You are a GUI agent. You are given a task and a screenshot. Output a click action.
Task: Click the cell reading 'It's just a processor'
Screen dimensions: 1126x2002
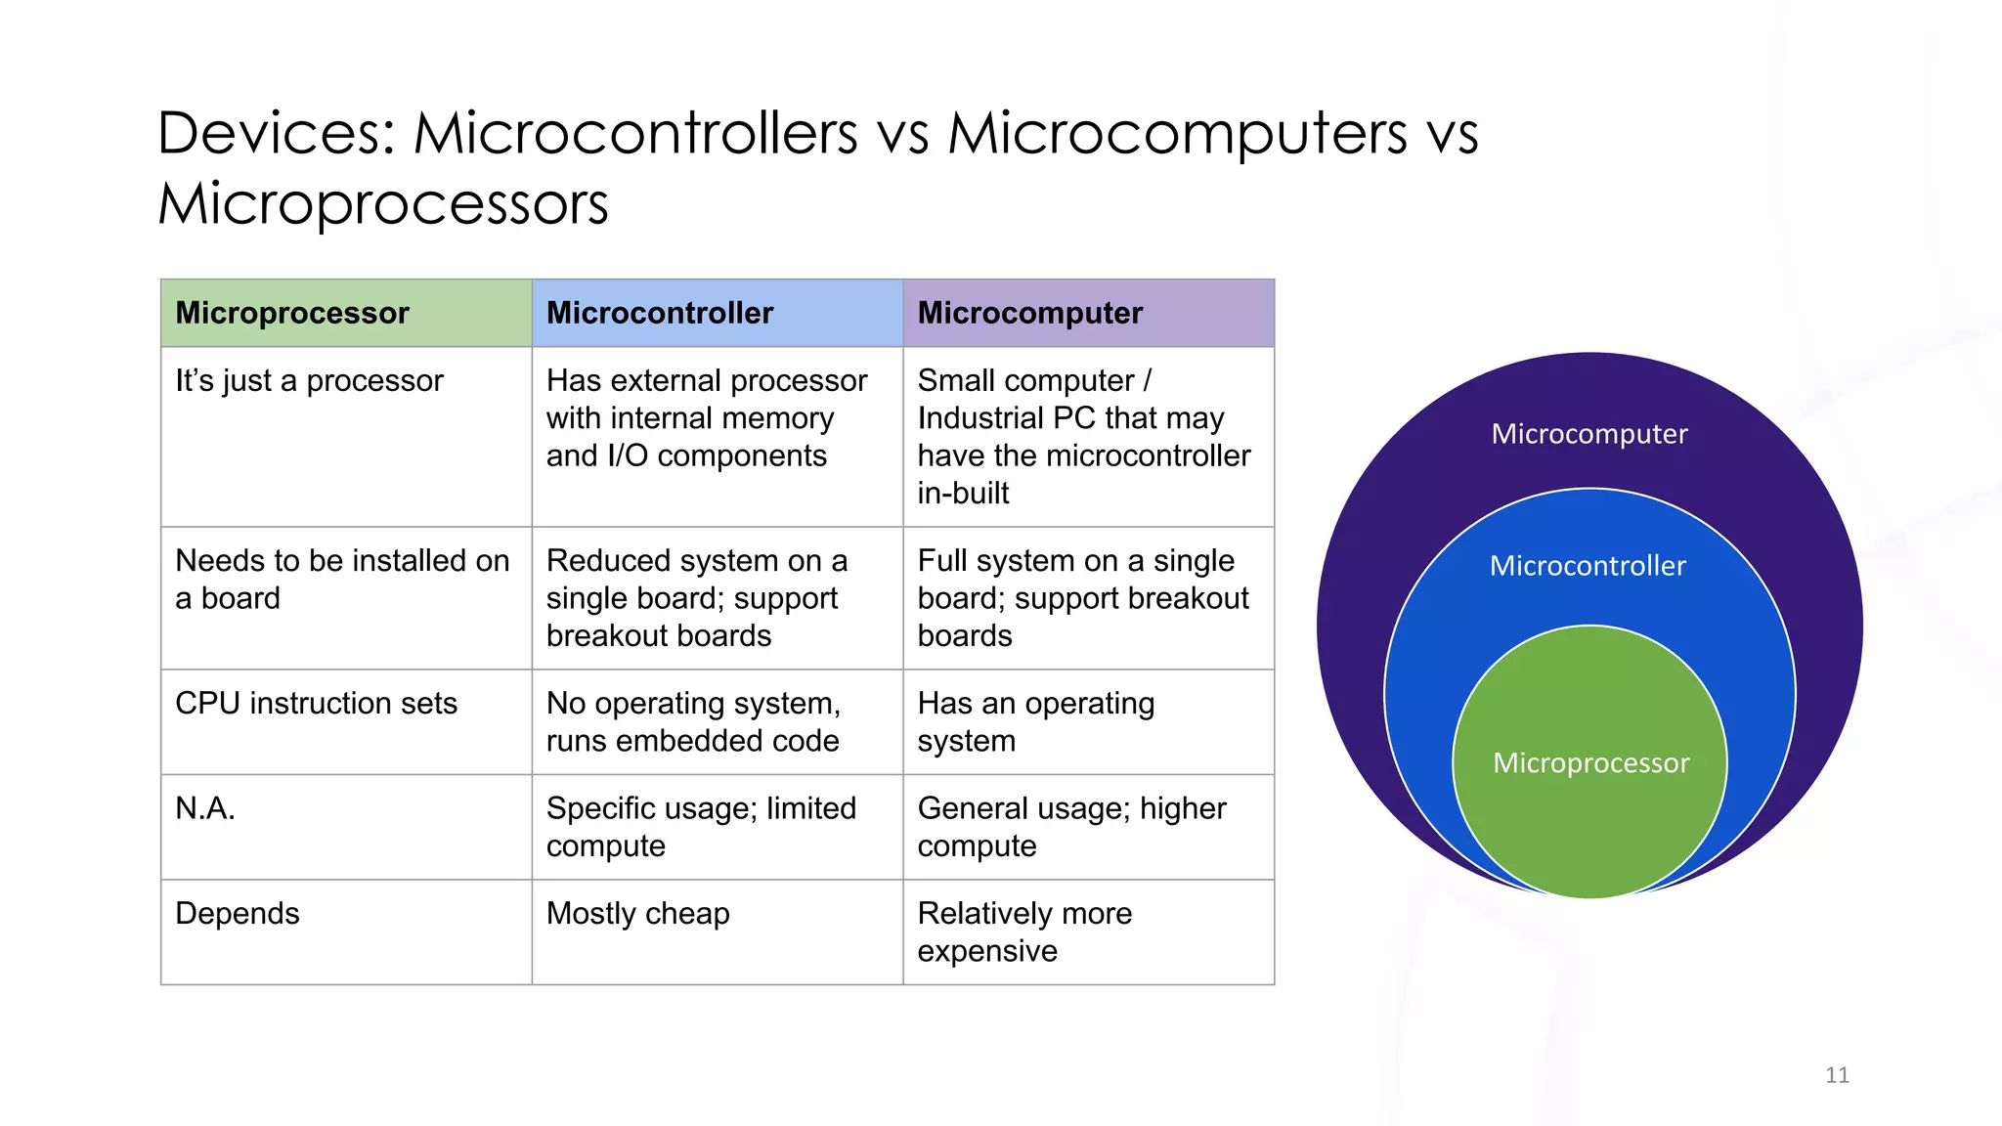pos(309,380)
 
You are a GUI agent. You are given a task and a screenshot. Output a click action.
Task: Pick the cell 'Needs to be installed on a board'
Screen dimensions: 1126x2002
pos(342,579)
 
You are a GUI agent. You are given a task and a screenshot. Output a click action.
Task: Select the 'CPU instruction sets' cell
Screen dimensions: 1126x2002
pos(316,703)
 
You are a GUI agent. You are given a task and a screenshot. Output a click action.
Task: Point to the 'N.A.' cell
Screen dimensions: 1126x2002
pos(205,808)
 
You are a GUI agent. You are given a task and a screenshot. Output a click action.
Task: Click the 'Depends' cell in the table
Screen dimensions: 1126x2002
pos(238,913)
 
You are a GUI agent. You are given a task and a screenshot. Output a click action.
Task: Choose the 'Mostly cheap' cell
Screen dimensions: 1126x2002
pos(637,913)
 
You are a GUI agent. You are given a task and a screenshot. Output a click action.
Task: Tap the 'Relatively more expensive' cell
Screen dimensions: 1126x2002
pos(1024,931)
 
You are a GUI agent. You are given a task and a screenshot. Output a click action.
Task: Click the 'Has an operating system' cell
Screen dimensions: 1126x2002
pos(1035,721)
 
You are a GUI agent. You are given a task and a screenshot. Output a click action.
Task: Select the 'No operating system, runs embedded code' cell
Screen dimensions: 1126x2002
pos(693,721)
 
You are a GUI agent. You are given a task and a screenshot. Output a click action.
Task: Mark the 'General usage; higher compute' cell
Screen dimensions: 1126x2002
pos(1071,827)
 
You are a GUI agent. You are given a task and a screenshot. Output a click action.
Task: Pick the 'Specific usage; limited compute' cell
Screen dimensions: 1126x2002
pos(701,827)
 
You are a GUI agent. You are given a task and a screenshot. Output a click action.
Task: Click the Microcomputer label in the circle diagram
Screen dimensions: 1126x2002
pos(1589,434)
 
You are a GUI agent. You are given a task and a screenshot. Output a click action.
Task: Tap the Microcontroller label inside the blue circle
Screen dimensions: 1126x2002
pos(1588,566)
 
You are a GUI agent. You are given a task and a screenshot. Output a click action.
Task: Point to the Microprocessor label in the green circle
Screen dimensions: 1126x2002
pos(1590,763)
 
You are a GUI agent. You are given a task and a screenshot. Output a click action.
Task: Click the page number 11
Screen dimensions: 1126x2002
pos(1837,1075)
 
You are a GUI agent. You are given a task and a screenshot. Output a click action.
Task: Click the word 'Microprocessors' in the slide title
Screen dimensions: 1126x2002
pos(383,203)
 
